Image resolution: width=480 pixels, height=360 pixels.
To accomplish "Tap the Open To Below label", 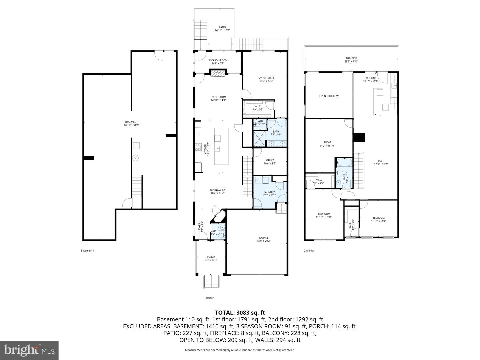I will point(329,96).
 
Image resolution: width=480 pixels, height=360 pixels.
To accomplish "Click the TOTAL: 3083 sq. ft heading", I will point(240,313).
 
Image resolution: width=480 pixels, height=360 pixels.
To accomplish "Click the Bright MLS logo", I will point(29,350).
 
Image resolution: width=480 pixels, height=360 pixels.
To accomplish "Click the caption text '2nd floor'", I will point(309,251).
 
